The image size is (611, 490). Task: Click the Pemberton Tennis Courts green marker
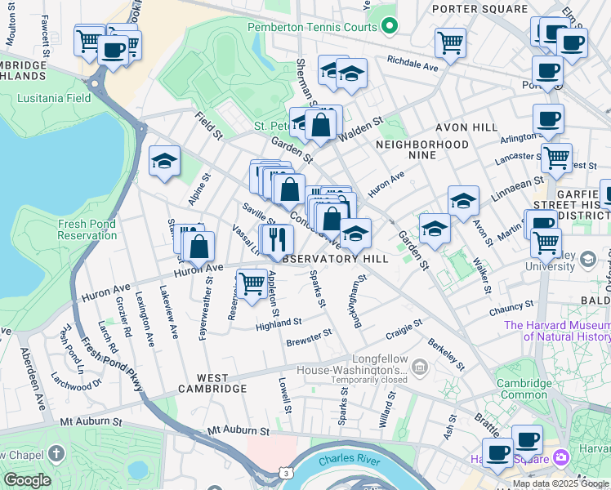390,26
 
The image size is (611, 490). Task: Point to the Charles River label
349,461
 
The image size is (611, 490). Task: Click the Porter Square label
471,9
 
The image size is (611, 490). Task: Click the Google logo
27,480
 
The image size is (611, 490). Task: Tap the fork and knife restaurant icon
279,238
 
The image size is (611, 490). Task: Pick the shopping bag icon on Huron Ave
198,246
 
